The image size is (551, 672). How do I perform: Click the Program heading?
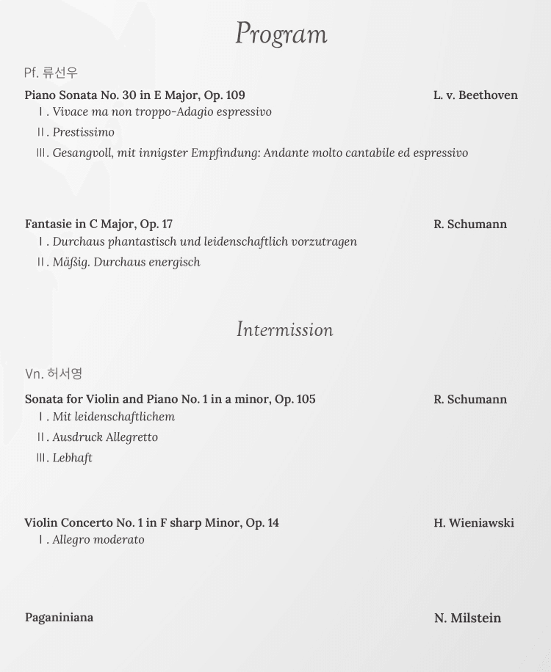[x=281, y=34]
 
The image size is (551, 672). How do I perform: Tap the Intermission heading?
[x=284, y=329]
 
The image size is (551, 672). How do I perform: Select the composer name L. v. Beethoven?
[x=475, y=95]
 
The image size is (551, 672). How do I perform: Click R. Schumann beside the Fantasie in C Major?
[x=470, y=224]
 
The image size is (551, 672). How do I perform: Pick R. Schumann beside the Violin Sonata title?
[x=470, y=399]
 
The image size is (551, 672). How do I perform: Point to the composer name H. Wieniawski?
[x=474, y=522]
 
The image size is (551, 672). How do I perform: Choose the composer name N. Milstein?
[x=467, y=618]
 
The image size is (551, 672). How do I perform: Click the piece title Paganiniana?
[x=59, y=617]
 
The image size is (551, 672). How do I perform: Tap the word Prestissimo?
[x=83, y=132]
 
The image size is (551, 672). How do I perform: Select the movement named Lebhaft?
[x=72, y=458]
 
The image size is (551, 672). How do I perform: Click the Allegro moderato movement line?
[x=98, y=540]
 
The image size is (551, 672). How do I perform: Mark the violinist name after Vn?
[x=65, y=373]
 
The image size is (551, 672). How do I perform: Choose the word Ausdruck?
[x=77, y=437]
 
